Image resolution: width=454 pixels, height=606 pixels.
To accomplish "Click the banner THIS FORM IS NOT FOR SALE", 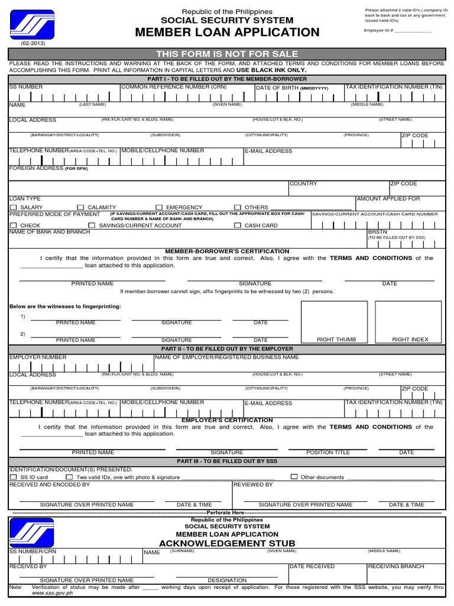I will click(x=227, y=54).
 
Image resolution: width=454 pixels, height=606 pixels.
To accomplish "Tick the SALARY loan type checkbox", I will click(x=13, y=208).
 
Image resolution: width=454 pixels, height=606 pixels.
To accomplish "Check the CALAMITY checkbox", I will click(x=81, y=208).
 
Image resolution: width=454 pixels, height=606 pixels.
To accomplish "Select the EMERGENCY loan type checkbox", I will click(x=159, y=208).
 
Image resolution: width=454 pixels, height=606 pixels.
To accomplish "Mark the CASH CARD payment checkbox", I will click(x=238, y=225).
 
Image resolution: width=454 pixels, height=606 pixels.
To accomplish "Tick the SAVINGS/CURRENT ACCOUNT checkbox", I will click(x=92, y=225).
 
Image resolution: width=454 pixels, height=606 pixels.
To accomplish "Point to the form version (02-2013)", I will click(x=33, y=44).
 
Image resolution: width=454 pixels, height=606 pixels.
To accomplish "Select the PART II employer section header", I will click(x=227, y=349).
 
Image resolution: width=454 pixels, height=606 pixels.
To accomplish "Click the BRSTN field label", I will click(x=378, y=232).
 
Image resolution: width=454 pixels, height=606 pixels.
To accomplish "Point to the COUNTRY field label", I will click(x=303, y=184).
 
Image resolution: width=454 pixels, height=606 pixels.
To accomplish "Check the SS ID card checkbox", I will click(x=13, y=477).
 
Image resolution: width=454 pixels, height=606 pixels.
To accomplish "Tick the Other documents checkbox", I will click(x=294, y=476).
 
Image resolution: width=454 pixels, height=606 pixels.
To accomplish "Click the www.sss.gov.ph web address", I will click(x=52, y=592).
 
